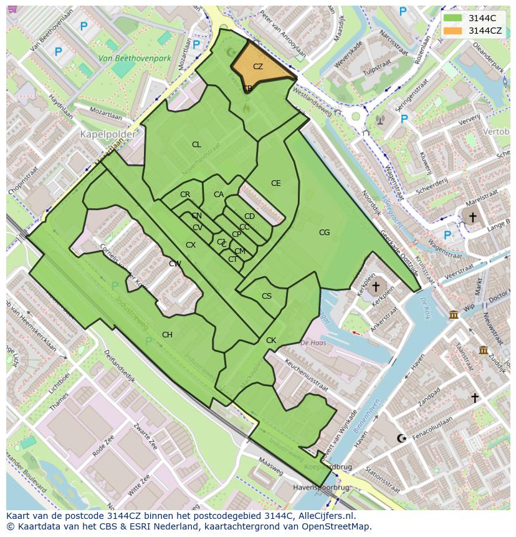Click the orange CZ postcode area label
pos(257,66)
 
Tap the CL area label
pos(196,145)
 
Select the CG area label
pos(324,233)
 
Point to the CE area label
pos(275,183)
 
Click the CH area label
pos(167,335)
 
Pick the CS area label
pos(267,296)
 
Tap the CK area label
pos(270,341)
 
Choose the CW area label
pos(175,264)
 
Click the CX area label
pos(191,245)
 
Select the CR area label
pos(185,195)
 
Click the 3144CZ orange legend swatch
pos(453,31)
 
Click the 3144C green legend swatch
pos(453,18)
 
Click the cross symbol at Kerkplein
pos(375,288)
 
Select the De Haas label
pos(314,342)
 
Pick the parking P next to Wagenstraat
pos(447,235)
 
